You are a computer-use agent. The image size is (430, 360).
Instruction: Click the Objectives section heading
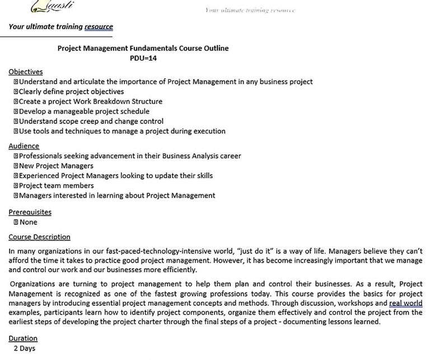[x=26, y=72]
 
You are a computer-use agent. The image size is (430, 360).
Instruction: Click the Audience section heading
[x=24, y=146]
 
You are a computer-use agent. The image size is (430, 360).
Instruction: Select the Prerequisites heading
[x=30, y=212]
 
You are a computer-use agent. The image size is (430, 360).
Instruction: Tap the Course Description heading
[x=40, y=237]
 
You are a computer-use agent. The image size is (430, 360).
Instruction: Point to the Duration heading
[x=24, y=338]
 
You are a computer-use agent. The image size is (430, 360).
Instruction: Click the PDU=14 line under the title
[x=143, y=58]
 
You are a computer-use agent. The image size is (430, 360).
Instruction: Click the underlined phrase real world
[x=406, y=303]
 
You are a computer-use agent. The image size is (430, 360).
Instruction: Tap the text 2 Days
[x=25, y=348]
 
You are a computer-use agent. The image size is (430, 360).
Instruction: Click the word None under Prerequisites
[x=29, y=222]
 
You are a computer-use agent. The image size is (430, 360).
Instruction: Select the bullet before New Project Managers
[x=16, y=166]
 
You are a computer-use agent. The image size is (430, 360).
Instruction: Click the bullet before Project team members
[x=16, y=185]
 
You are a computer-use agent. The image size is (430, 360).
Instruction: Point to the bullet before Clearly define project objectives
[x=16, y=91]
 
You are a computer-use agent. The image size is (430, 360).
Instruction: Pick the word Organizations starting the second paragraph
[x=34, y=284]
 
